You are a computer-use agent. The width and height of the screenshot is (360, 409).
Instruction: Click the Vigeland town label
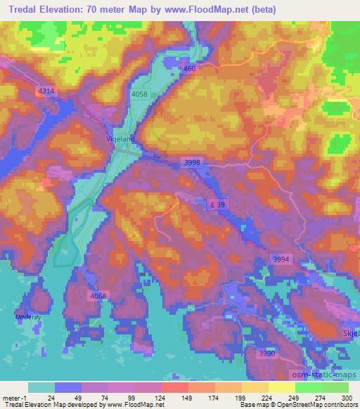tap(120, 138)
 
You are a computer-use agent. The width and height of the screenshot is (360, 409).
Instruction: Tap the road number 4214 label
tap(46, 91)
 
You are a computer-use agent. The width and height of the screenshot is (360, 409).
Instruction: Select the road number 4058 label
tap(139, 93)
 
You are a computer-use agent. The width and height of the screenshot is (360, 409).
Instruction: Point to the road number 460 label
tap(188, 69)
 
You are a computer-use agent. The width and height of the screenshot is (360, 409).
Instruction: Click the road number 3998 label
tap(192, 162)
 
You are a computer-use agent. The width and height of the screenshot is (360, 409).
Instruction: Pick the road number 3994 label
tap(281, 259)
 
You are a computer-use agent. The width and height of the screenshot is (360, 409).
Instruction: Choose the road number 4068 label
tap(98, 296)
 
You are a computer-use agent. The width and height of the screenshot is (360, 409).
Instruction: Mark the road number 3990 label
tap(266, 353)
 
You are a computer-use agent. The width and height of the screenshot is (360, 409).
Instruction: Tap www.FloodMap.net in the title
tap(214, 9)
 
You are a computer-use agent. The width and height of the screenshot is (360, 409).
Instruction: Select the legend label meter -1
tap(13, 397)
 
